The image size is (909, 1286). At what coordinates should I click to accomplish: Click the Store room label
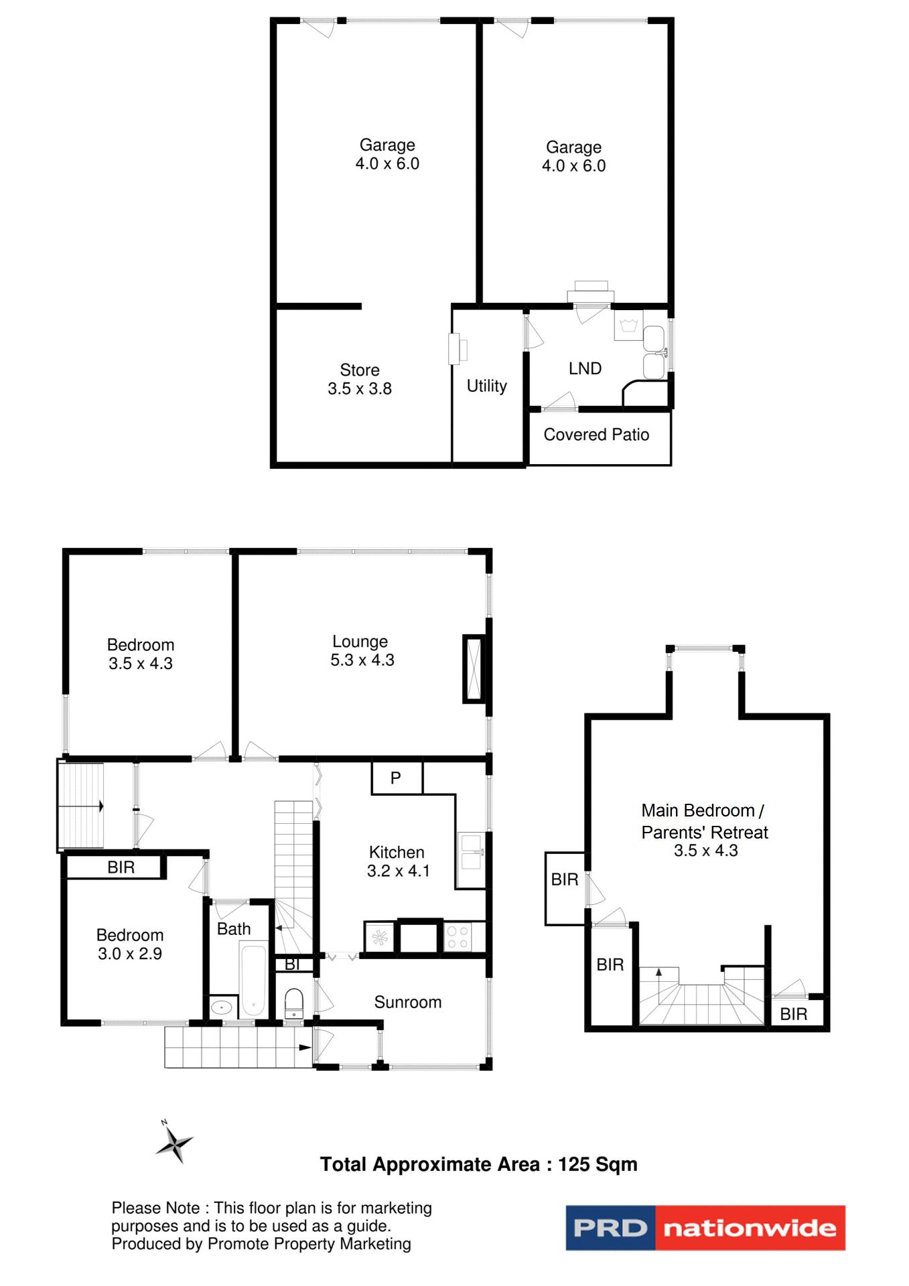tap(360, 370)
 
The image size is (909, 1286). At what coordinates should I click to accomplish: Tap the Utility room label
tap(486, 386)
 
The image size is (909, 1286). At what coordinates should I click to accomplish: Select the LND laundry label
tap(585, 368)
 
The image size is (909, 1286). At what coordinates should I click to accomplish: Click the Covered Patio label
tap(596, 435)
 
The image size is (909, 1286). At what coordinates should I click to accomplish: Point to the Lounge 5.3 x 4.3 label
tap(362, 650)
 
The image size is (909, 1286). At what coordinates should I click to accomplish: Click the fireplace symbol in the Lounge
tap(474, 668)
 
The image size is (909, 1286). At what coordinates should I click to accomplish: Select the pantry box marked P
tap(397, 778)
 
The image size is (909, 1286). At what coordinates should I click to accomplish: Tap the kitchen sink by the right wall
tap(472, 852)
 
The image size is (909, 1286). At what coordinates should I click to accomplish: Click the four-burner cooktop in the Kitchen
tap(458, 937)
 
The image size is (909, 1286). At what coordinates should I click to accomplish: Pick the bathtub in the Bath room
tap(254, 980)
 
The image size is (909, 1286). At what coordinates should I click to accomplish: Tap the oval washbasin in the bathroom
tap(222, 1007)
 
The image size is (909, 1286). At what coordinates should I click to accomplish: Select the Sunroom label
tap(407, 1002)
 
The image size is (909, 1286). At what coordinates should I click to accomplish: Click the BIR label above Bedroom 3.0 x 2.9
tap(121, 867)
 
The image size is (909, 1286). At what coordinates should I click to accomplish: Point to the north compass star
tap(174, 1144)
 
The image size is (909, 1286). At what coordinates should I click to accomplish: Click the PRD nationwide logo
tap(705, 1228)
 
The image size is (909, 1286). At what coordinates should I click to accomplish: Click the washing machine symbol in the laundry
tap(628, 326)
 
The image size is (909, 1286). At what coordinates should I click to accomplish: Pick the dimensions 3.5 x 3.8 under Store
tap(360, 388)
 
